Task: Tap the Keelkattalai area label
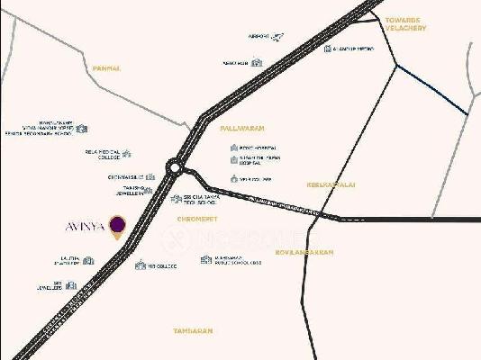pyautogui.click(x=331, y=184)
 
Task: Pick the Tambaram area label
pyautogui.click(x=193, y=331)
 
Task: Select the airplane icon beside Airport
pyautogui.click(x=277, y=37)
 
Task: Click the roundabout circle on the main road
pyautogui.click(x=174, y=166)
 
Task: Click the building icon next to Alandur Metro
pyautogui.click(x=328, y=49)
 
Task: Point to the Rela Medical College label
pyautogui.click(x=101, y=155)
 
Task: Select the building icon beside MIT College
pyautogui.click(x=140, y=265)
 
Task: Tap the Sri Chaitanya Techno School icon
pyautogui.click(x=176, y=199)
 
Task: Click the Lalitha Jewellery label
pyautogui.click(x=69, y=261)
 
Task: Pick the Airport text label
pyautogui.click(x=259, y=38)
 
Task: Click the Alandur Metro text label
pyautogui.click(x=351, y=49)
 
